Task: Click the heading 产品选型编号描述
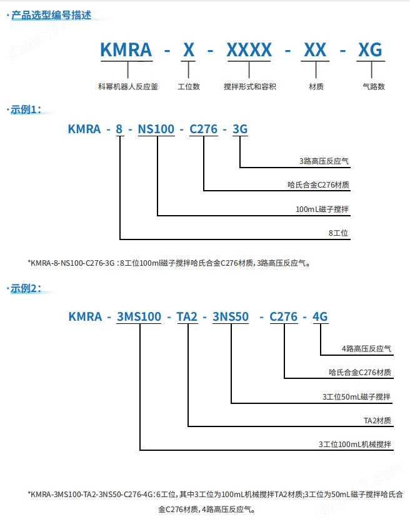click(51, 15)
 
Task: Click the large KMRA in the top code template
click(126, 50)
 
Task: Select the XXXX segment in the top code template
click(249, 50)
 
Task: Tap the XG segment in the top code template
click(370, 50)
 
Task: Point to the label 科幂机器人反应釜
click(128, 86)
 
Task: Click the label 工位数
click(189, 86)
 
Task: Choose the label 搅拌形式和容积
click(250, 86)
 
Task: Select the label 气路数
click(374, 86)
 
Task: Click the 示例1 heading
click(26, 109)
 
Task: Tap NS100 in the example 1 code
click(156, 129)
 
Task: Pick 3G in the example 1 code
click(240, 129)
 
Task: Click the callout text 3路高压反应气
click(324, 161)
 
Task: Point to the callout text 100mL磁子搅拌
click(322, 209)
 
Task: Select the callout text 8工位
click(338, 233)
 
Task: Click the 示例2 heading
click(26, 288)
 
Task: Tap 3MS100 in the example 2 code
click(139, 316)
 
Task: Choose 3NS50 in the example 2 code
click(231, 316)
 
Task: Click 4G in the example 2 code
click(320, 316)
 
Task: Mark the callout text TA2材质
click(377, 420)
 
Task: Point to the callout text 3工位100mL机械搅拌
click(354, 444)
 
